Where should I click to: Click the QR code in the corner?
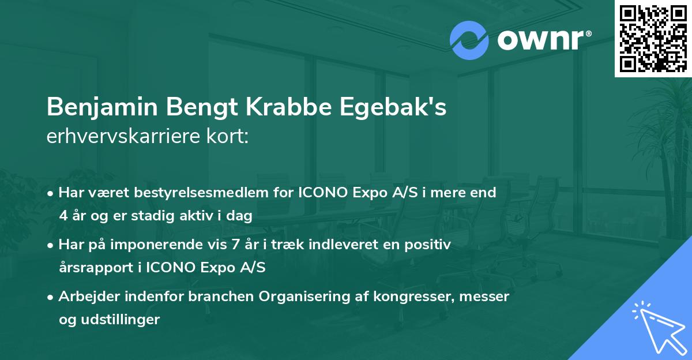(x=653, y=38)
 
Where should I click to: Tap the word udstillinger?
(x=123, y=320)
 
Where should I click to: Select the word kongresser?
(x=413, y=297)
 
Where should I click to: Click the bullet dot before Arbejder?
(x=52, y=297)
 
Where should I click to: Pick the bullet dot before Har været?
(x=52, y=193)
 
